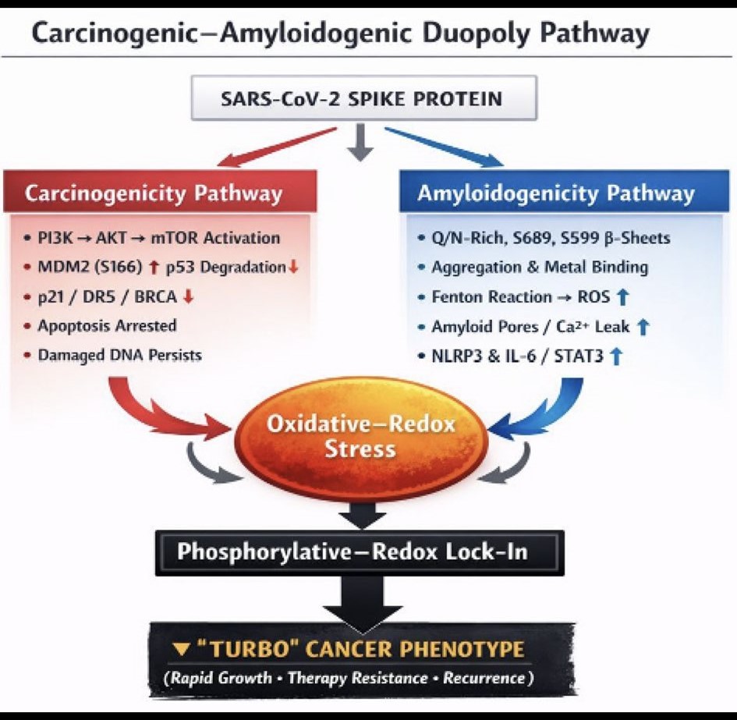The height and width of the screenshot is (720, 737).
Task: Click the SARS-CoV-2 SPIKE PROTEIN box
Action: coord(363,98)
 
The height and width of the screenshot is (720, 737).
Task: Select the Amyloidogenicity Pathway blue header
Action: coord(555,193)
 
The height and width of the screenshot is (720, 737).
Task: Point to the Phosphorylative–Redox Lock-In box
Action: coord(360,552)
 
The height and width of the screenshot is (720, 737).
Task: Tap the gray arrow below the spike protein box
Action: coord(360,144)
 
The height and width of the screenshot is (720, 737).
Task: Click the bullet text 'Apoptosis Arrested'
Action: coord(108,325)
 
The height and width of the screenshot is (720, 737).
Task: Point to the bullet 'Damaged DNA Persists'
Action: coord(120,355)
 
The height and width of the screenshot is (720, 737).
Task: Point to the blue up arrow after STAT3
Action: coord(616,356)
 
